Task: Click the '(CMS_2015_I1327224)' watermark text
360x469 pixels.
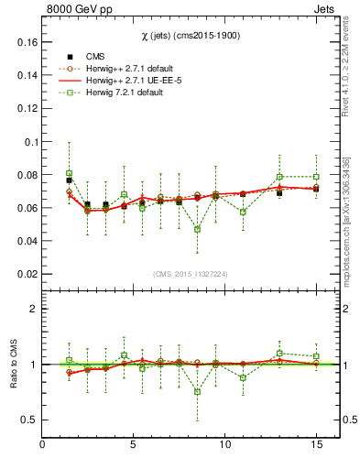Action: (191, 274)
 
